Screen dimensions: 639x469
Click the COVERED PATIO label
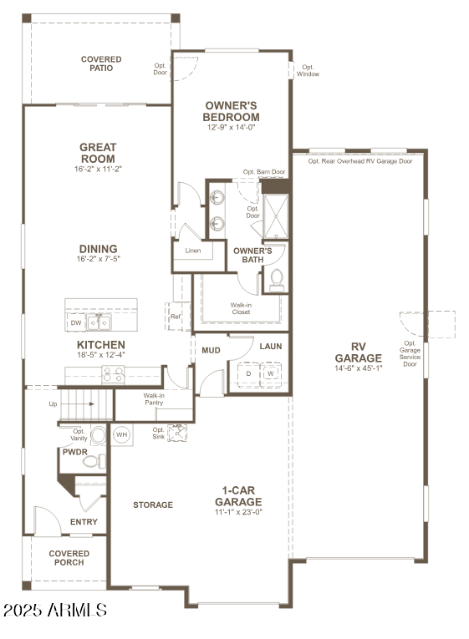(x=101, y=63)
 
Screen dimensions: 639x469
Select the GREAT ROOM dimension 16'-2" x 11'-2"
(x=98, y=169)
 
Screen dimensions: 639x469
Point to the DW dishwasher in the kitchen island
(x=76, y=322)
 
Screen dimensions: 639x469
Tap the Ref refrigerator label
(x=176, y=317)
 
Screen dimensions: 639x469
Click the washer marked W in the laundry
(x=270, y=374)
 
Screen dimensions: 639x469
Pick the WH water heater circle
(x=121, y=434)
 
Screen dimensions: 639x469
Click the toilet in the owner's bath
(x=276, y=281)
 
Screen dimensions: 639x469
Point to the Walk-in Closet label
(x=241, y=308)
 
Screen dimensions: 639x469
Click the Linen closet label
(x=193, y=251)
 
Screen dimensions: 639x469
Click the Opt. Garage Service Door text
(x=410, y=354)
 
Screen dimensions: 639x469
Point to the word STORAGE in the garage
(x=153, y=505)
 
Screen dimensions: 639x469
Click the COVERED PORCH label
(x=69, y=558)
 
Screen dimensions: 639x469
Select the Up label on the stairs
(x=54, y=403)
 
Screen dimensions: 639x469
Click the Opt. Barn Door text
(x=264, y=172)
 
